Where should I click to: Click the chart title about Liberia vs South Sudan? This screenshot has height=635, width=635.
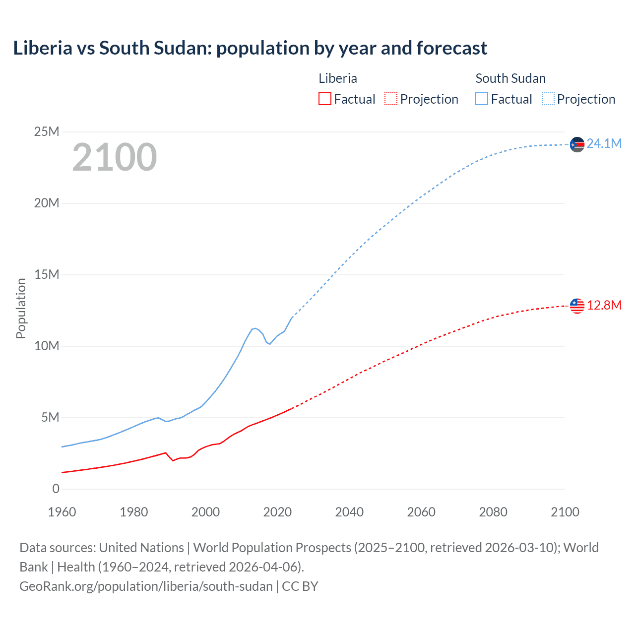(x=250, y=48)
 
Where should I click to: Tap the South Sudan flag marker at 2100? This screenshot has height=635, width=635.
(x=577, y=144)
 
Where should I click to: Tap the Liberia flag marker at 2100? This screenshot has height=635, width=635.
(x=577, y=306)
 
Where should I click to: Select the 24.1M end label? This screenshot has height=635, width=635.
(x=604, y=144)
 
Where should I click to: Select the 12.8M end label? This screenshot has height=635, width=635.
(x=604, y=305)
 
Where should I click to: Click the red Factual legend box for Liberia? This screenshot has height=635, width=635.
(x=324, y=99)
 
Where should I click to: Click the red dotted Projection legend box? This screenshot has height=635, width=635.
(x=391, y=99)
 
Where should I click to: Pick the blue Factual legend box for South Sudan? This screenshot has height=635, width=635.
(x=482, y=99)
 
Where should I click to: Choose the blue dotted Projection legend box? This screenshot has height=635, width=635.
(x=548, y=99)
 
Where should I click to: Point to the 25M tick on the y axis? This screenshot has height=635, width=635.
(x=47, y=132)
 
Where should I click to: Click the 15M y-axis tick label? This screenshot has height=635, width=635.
(x=47, y=275)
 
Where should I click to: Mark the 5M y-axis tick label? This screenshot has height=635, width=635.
(x=50, y=418)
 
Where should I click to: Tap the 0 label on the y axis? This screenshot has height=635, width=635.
(x=56, y=489)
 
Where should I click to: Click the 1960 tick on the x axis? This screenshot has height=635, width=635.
(x=62, y=512)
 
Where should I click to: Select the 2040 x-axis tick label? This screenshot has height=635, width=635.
(x=349, y=512)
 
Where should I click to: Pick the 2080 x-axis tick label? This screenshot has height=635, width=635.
(x=493, y=512)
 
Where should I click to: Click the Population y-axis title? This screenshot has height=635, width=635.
(x=21, y=309)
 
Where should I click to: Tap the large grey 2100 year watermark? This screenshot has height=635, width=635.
(x=115, y=157)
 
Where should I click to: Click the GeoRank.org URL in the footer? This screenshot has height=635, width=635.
(x=146, y=586)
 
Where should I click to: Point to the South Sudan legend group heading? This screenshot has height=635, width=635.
(x=510, y=78)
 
